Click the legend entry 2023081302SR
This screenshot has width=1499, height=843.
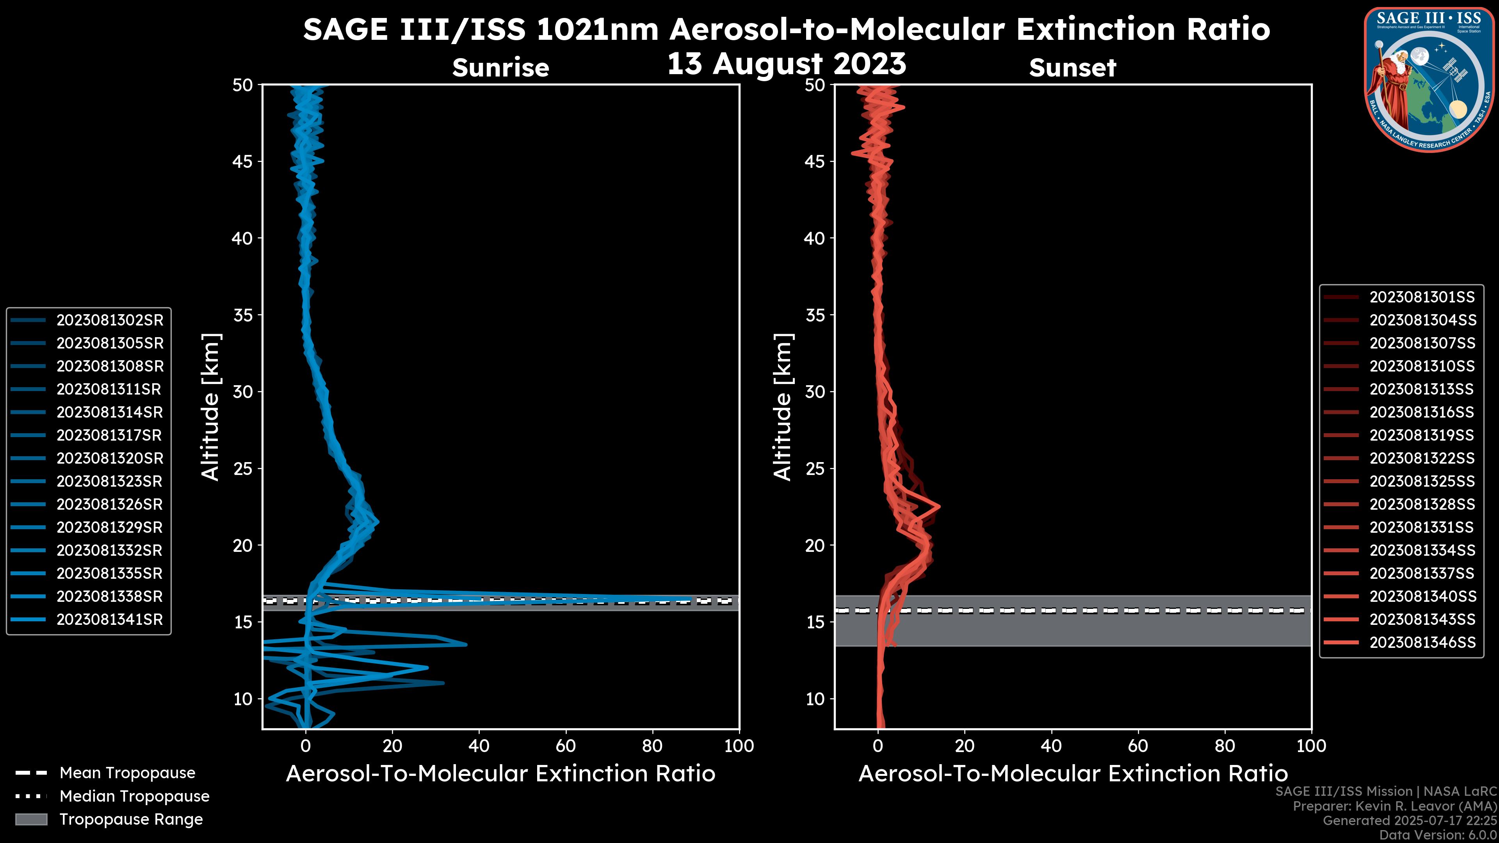[x=109, y=320]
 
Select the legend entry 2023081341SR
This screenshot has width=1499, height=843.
[x=109, y=620]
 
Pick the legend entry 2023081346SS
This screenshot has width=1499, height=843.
[x=1422, y=642]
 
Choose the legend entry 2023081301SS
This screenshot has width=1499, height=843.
[x=1422, y=297]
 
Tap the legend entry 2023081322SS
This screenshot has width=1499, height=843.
[x=1422, y=459]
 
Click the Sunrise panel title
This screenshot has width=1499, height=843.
[x=500, y=68]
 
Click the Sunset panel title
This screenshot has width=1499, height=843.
[x=1072, y=68]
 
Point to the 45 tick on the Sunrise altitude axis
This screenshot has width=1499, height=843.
[x=243, y=161]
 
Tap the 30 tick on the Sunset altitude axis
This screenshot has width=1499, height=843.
[x=815, y=391]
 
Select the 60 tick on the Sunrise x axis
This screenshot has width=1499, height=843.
[x=566, y=746]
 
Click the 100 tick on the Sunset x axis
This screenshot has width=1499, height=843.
[x=1311, y=746]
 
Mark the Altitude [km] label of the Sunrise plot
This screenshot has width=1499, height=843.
[x=211, y=407]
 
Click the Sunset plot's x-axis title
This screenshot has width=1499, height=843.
[x=1072, y=774]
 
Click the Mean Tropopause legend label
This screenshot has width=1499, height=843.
[x=127, y=773]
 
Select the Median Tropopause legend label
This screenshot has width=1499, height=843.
[x=134, y=797]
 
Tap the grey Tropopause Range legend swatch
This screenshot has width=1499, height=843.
[x=31, y=819]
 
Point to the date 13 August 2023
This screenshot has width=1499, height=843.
[x=786, y=64]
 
